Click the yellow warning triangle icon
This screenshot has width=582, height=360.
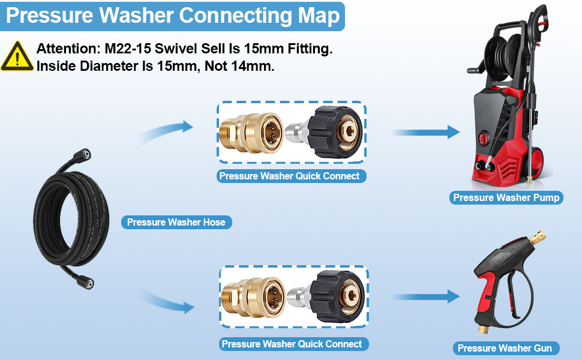[x=17, y=57]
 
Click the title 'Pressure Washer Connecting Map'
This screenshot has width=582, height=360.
[x=173, y=16]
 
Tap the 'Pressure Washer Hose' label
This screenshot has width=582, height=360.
[x=176, y=223]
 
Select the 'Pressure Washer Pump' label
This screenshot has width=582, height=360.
[x=506, y=198]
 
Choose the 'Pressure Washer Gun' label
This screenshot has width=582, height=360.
[x=506, y=348]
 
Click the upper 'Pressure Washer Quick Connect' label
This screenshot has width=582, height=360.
[x=289, y=176]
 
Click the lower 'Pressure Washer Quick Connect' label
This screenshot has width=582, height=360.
[x=292, y=344]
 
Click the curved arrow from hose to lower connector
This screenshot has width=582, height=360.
[x=168, y=300]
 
